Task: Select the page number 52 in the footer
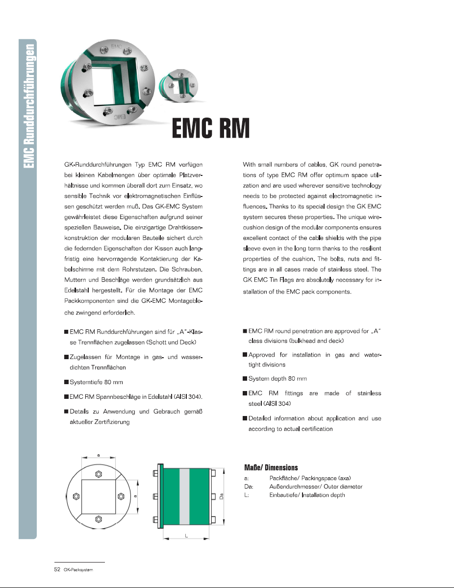pos(57,570)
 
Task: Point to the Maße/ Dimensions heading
pos(271,467)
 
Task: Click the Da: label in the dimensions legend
pos(248,487)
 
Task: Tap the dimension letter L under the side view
pos(187,535)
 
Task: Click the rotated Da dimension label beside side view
pos(222,496)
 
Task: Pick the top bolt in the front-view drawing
pos(99,474)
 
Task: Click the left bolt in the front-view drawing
pos(76,496)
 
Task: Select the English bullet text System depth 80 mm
pos(277,379)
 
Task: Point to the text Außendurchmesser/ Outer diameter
pos(316,487)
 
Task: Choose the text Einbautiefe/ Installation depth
pos(307,495)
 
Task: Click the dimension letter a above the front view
pos(99,455)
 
